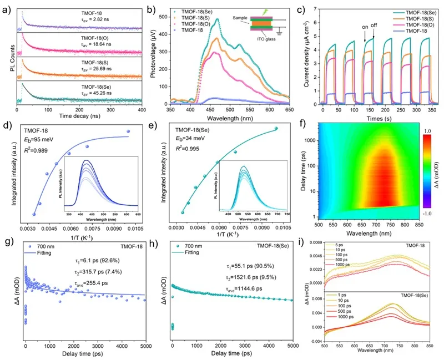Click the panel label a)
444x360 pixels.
pos(8,8)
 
